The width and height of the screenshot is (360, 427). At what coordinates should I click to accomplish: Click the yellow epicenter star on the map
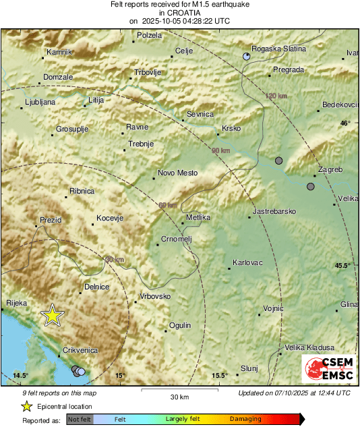pos(52,315)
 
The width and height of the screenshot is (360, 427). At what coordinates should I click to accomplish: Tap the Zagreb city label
pos(331,169)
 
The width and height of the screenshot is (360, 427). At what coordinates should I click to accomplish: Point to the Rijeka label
pos(16,304)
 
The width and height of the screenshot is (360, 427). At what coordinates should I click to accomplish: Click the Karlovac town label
pos(247,262)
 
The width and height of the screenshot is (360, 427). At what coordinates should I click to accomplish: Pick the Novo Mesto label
pos(177,173)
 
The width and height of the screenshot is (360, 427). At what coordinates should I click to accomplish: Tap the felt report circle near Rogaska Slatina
pos(247,57)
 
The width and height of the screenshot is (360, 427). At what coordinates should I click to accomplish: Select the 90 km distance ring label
pos(220,150)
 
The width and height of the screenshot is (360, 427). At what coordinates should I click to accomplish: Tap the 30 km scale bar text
pos(179,397)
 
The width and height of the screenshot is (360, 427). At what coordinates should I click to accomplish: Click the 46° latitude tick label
pos(344,123)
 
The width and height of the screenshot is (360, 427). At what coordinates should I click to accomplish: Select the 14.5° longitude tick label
pos(21,375)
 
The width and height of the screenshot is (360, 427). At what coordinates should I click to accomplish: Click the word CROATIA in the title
pos(179,12)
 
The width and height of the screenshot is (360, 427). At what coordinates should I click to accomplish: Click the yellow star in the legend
pos(26,407)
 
